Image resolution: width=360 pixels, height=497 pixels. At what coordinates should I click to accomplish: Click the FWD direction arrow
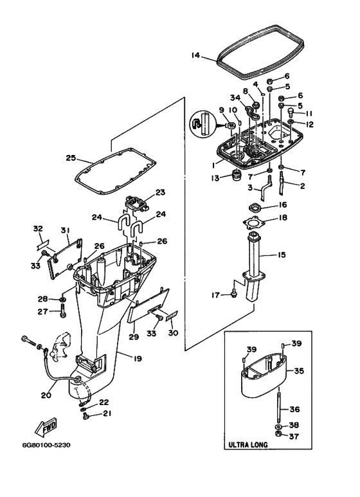[x=45, y=426]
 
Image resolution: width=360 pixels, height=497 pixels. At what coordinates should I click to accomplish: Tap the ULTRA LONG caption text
[x=248, y=445]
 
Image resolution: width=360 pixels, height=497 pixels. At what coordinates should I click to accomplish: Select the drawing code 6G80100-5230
[x=46, y=445]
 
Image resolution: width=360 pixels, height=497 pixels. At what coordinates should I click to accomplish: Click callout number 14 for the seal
[x=196, y=55]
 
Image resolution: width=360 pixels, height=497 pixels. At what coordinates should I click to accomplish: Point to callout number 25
[x=71, y=158]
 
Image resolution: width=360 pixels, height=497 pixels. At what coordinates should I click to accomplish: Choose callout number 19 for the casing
[x=138, y=359]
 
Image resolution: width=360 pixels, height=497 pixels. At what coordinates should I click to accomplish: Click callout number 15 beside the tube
[x=281, y=255]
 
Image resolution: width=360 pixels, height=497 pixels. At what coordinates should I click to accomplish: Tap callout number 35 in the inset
[x=299, y=370]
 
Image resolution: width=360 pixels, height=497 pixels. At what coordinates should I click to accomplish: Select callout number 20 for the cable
[x=46, y=395]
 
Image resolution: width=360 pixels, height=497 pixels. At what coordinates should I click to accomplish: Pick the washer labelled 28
[x=63, y=298]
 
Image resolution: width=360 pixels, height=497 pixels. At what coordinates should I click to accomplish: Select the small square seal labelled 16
[x=253, y=208]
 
